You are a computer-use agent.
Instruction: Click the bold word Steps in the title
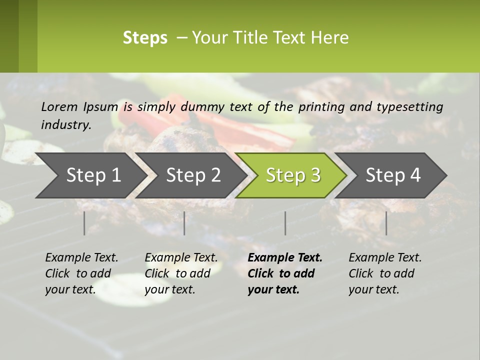click(145, 38)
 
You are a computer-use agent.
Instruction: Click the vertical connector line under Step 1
click(84, 223)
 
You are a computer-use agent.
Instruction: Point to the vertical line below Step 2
click(184, 223)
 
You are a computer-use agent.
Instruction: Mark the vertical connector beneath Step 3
click(285, 223)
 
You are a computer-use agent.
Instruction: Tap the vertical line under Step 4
click(386, 223)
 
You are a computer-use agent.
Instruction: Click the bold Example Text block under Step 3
click(284, 273)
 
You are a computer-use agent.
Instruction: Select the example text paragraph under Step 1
click(81, 273)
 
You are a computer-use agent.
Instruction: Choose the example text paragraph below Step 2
click(181, 273)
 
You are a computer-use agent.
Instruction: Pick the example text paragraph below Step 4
click(385, 273)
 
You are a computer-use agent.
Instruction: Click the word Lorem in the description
click(59, 106)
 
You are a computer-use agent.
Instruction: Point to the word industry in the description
click(65, 124)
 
